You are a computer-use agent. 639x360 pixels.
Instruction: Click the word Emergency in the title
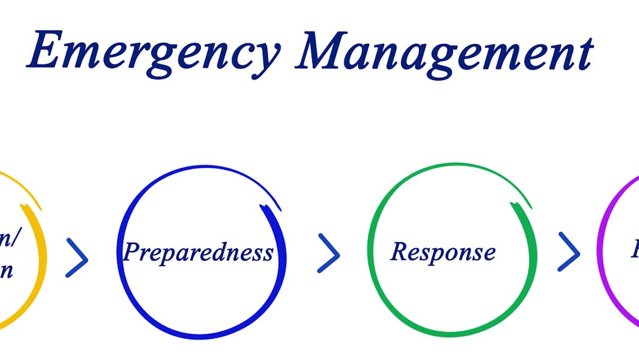click(x=152, y=51)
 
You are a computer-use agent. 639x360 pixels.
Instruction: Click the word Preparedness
click(x=198, y=251)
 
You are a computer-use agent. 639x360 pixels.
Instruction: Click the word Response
click(x=443, y=251)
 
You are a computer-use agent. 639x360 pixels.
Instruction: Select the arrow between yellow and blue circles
click(x=77, y=257)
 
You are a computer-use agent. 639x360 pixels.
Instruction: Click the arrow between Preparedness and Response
click(x=329, y=252)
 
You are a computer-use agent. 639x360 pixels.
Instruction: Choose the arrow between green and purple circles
click(x=569, y=251)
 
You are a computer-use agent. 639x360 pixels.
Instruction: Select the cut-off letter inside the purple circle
click(x=635, y=250)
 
